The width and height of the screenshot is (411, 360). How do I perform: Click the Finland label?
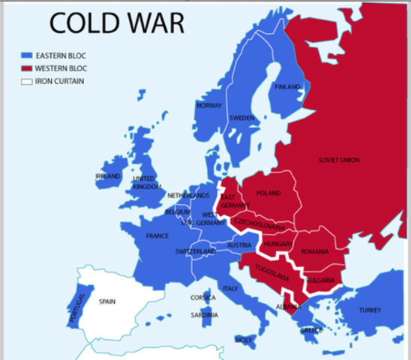pyautogui.click(x=287, y=87)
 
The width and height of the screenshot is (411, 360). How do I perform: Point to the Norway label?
pyautogui.click(x=208, y=106)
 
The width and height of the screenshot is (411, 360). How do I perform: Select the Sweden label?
pyautogui.click(x=241, y=118)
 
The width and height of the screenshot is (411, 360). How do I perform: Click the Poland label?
pyautogui.click(x=268, y=193)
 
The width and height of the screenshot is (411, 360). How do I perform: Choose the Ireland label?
pyautogui.click(x=107, y=176)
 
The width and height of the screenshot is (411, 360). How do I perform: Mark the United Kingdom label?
pyautogui.click(x=147, y=182)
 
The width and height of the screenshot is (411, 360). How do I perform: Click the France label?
pyautogui.click(x=157, y=235)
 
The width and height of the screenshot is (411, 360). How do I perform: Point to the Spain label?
pyautogui.click(x=107, y=301)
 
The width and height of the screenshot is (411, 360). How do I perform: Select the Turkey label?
pyautogui.click(x=370, y=310)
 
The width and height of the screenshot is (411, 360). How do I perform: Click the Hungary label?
pyautogui.click(x=278, y=244)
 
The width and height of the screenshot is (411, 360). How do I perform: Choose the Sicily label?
pyautogui.click(x=244, y=340)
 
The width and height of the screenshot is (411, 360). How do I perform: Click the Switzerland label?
pyautogui.click(x=195, y=251)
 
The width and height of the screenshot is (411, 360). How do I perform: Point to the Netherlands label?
pyautogui.click(x=188, y=196)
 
